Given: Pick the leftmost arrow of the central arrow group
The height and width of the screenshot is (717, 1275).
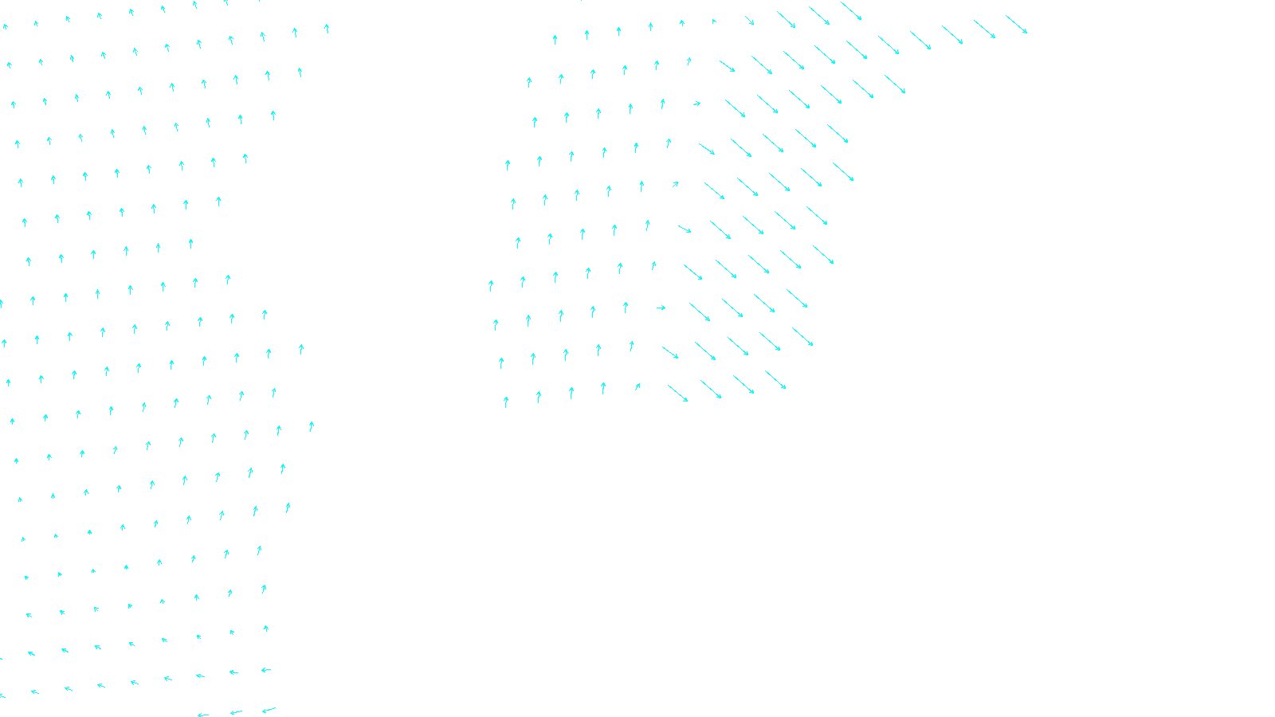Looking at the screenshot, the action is [491, 285].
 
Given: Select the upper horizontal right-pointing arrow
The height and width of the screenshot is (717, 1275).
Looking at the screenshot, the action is [696, 104].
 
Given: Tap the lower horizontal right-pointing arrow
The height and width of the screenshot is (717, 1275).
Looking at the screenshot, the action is [661, 308].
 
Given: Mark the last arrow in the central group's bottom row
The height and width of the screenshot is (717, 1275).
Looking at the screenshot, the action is [775, 380].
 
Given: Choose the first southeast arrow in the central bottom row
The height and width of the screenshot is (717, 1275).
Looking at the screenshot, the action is [677, 393].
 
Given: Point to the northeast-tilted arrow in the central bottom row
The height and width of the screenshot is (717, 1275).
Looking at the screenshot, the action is [637, 387].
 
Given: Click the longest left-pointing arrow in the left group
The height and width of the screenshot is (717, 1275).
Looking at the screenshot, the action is [269, 709].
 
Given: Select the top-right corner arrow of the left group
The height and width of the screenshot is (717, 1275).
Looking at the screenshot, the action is [327, 29].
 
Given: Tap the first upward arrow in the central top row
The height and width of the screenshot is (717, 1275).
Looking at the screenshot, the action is [555, 39].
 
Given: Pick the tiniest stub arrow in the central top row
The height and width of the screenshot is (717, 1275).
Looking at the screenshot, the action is [714, 22].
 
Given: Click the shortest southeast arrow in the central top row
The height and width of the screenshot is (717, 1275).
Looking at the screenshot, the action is [749, 20].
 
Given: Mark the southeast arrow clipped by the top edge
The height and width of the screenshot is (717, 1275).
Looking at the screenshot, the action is [851, 10].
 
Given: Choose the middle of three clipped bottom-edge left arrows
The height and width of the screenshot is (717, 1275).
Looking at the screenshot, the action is [236, 712].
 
